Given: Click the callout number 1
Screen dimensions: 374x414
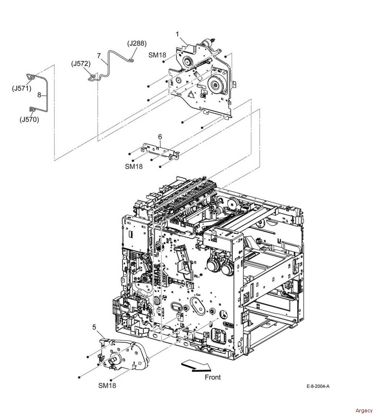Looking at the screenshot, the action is point(177,34).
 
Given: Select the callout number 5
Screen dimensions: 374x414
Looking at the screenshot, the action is point(94,327).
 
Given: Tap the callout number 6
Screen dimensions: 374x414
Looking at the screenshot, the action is point(160,137).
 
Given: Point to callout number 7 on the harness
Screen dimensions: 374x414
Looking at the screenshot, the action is point(99,56).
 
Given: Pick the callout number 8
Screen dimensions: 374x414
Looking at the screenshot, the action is point(39,95).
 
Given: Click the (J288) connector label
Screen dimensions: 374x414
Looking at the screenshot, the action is point(137,43).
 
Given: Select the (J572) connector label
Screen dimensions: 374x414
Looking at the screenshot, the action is point(81,64).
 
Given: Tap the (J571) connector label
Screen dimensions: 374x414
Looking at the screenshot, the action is point(22,89).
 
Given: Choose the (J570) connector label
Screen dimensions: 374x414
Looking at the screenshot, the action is point(30,120).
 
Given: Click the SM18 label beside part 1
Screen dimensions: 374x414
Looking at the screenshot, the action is point(157,55).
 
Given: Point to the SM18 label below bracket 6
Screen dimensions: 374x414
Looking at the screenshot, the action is point(134,166).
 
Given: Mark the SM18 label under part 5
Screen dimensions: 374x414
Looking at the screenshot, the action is point(107,385).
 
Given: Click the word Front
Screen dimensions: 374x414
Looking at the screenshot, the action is point(213,377).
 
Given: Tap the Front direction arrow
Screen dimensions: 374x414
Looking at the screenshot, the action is point(196,367).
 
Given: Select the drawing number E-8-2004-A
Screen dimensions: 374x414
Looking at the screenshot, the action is point(318,386).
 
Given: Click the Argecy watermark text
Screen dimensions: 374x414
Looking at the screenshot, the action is point(364,410).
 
